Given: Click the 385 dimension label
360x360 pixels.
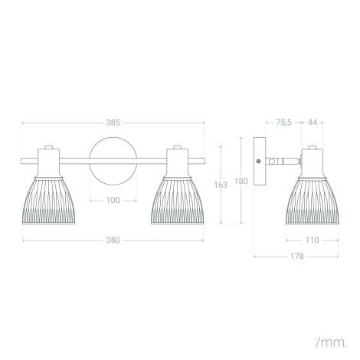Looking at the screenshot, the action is pyautogui.click(x=113, y=123).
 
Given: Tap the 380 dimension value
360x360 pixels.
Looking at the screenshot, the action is pyautogui.click(x=113, y=241).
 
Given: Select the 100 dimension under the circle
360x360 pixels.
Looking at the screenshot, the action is pyautogui.click(x=113, y=201).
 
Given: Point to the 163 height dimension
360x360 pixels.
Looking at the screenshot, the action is pyautogui.click(x=221, y=185).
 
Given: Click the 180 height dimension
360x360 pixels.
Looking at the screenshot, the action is pyautogui.click(x=241, y=181).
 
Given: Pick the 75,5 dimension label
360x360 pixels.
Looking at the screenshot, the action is pyautogui.click(x=283, y=123).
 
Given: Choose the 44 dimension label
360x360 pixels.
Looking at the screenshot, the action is pyautogui.click(x=313, y=123).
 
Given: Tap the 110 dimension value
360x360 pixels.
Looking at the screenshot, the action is pyautogui.click(x=313, y=240).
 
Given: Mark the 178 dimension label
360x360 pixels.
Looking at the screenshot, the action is pyautogui.click(x=296, y=256).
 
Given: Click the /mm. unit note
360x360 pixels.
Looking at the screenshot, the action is pyautogui.click(x=332, y=342).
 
